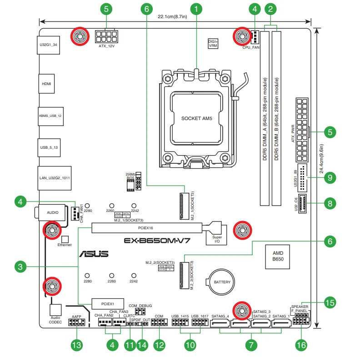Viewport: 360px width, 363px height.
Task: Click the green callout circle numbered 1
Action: (196, 9)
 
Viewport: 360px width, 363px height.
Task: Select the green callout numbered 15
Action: (330, 301)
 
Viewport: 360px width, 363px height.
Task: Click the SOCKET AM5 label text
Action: (197, 118)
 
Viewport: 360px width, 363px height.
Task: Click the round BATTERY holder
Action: (220, 282)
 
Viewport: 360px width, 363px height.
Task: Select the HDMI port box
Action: (46, 84)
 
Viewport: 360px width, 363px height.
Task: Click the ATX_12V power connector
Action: (106, 36)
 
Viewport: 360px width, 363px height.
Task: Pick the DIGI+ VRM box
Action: (213, 43)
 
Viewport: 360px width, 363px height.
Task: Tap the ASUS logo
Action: (94, 255)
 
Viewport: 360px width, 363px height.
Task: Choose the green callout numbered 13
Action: (76, 345)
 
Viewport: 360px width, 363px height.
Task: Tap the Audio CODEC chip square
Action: (55, 309)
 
